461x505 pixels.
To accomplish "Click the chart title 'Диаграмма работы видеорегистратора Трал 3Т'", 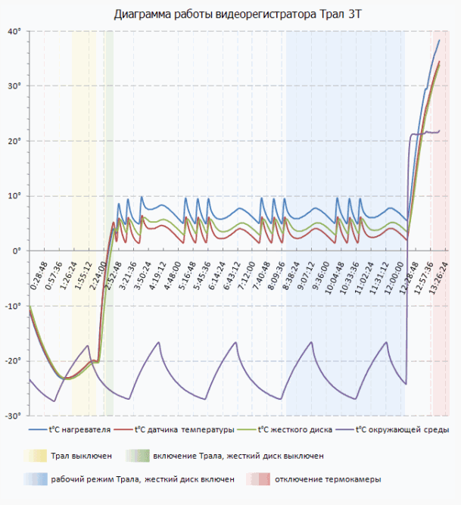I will pos(232,14).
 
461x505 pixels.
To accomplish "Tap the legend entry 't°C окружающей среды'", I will pos(399,430).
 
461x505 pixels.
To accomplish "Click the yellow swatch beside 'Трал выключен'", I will pos(34,456).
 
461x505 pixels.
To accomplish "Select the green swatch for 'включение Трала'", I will pos(137,456).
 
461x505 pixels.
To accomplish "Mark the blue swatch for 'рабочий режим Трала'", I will pos(34,479).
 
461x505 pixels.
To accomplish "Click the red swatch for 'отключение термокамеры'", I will pos(258,479).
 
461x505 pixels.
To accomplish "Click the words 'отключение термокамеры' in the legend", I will pos(328,479).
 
